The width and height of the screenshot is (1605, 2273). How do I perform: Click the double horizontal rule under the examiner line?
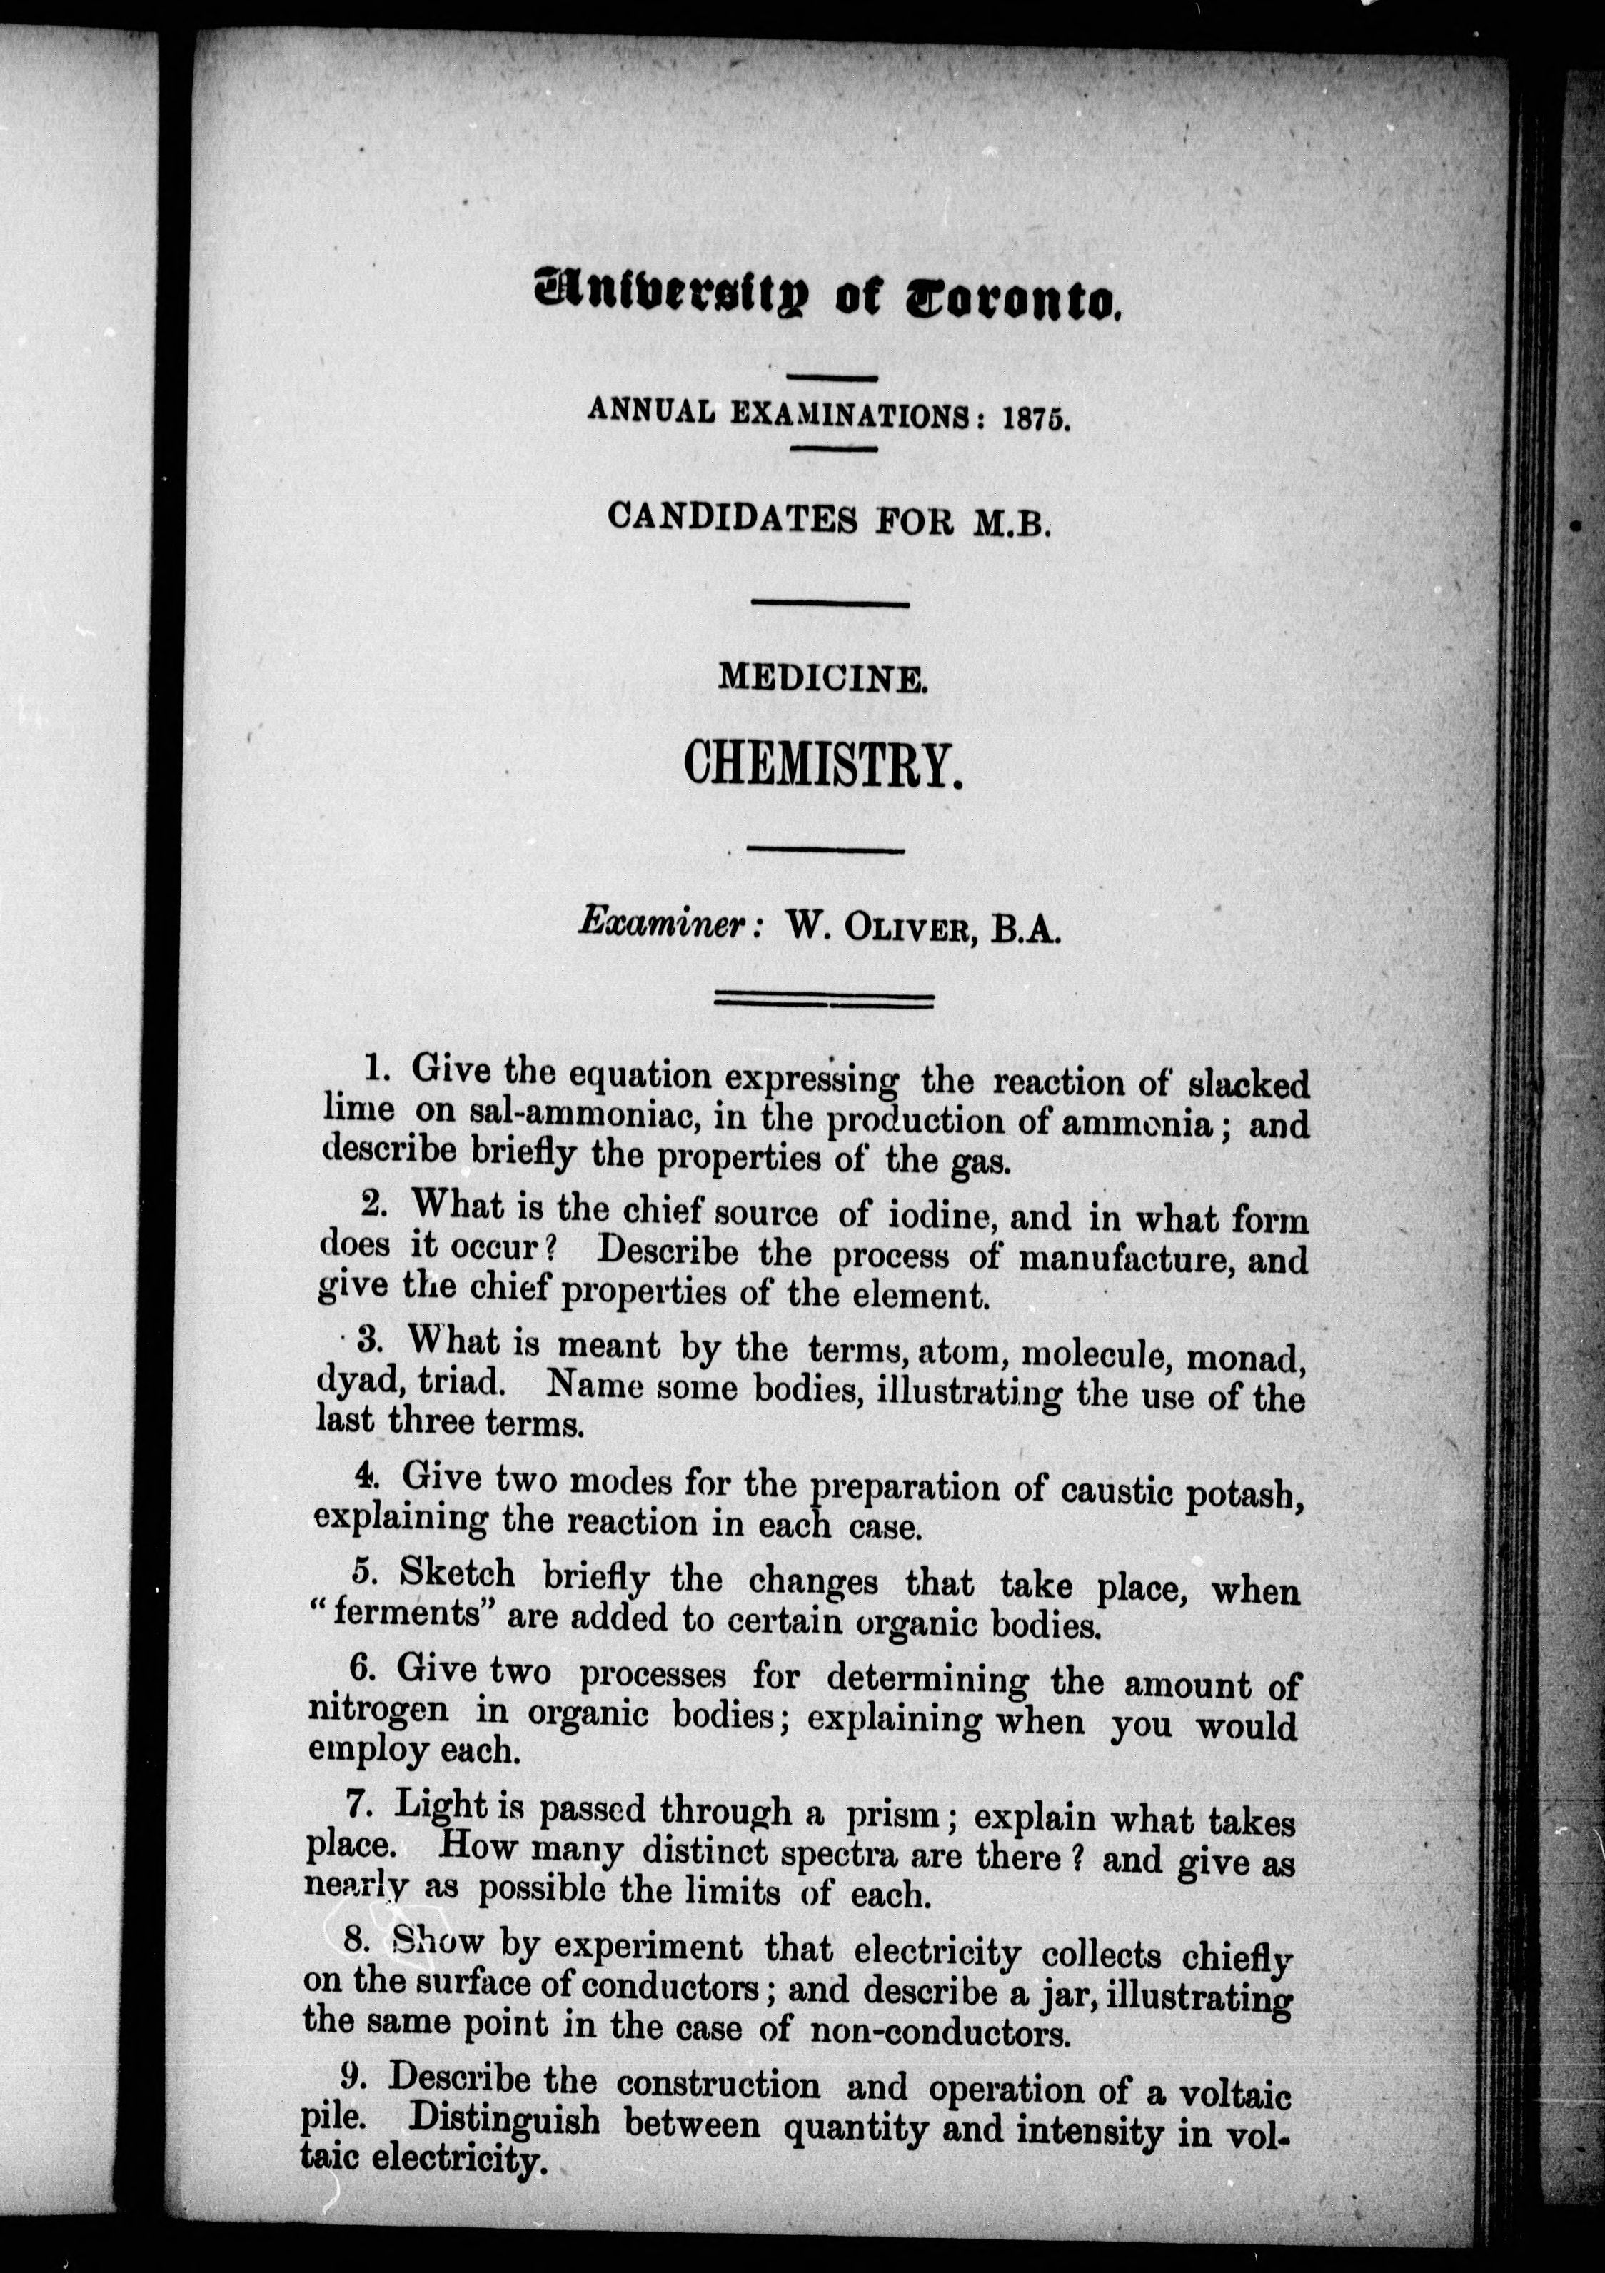tap(824, 1001)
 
